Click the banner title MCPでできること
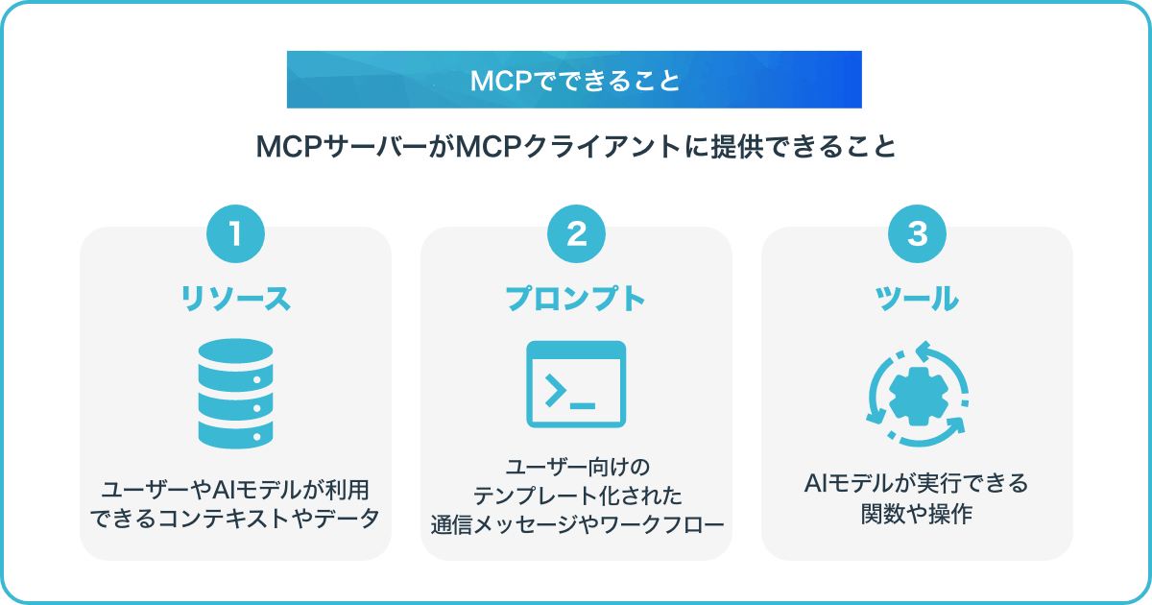point(575,81)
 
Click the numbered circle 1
point(235,234)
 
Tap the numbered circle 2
point(576,234)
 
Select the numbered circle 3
point(917,234)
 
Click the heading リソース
point(235,299)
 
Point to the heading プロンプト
point(576,299)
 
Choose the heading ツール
point(917,299)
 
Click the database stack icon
point(235,394)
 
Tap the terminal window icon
point(576,384)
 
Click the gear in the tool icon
point(919,396)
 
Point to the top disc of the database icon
point(235,351)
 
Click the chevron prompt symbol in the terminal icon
point(555,391)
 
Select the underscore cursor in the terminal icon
point(583,406)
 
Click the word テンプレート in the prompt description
point(533,496)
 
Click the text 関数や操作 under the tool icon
point(917,514)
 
